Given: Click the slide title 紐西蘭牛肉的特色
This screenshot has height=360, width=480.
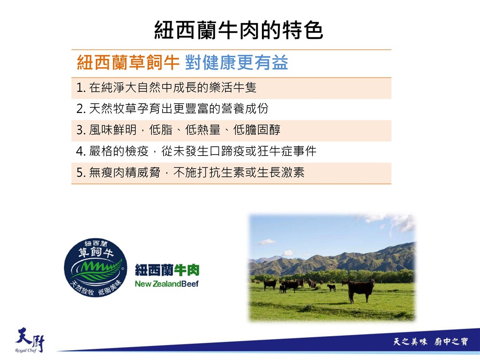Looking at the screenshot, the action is click(239, 30).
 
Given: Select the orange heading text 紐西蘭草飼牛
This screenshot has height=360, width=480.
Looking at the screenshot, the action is click(128, 62).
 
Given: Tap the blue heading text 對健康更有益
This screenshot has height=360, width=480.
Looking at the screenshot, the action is click(236, 62).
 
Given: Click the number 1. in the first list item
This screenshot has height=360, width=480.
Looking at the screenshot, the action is click(81, 88).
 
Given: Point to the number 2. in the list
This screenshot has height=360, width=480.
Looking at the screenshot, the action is click(81, 109).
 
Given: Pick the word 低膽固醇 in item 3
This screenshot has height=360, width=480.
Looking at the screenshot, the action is click(256, 130).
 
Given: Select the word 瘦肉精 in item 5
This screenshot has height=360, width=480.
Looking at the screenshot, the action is click(119, 172).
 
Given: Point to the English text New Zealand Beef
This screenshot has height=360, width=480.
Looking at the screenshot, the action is click(167, 284).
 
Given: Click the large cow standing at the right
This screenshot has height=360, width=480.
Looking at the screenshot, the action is click(361, 290).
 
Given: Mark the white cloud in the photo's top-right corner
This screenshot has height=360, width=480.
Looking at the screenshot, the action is click(395, 221).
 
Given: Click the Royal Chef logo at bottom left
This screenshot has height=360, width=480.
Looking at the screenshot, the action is click(30, 340).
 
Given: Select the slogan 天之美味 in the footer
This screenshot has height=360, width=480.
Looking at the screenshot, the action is click(410, 341).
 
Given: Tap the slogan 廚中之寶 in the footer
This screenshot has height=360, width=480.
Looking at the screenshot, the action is click(451, 341).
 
